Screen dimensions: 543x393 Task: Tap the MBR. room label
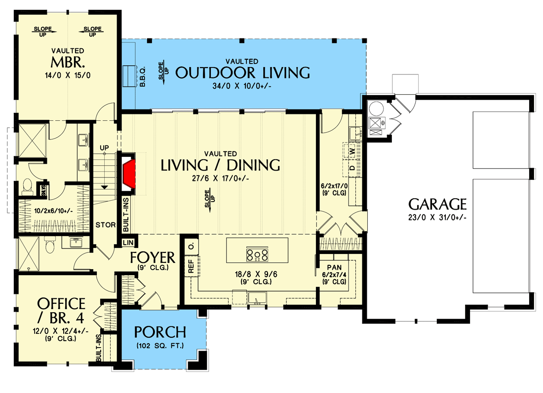tap(68, 63)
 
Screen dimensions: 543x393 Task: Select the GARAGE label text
tap(437, 205)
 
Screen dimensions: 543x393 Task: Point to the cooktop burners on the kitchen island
tap(257, 255)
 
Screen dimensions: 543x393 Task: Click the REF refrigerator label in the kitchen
tap(191, 266)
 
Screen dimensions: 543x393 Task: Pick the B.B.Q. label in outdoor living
tap(143, 77)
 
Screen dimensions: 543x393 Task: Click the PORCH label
tap(160, 332)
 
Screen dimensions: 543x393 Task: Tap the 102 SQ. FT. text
tap(160, 346)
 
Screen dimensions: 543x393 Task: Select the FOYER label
tap(153, 258)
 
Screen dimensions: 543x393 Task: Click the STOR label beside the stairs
tap(106, 225)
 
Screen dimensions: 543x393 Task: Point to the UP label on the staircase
tap(104, 148)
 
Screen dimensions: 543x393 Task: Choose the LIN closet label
tap(128, 243)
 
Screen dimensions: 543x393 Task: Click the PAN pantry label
tap(334, 267)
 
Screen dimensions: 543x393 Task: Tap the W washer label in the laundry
tap(352, 151)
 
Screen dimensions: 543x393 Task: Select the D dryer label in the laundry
tap(352, 168)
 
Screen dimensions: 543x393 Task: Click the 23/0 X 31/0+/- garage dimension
tap(437, 217)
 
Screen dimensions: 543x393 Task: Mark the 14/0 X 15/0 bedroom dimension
tap(68, 75)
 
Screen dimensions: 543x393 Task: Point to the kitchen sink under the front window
tap(257, 298)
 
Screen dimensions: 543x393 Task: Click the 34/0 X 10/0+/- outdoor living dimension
tap(242, 86)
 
